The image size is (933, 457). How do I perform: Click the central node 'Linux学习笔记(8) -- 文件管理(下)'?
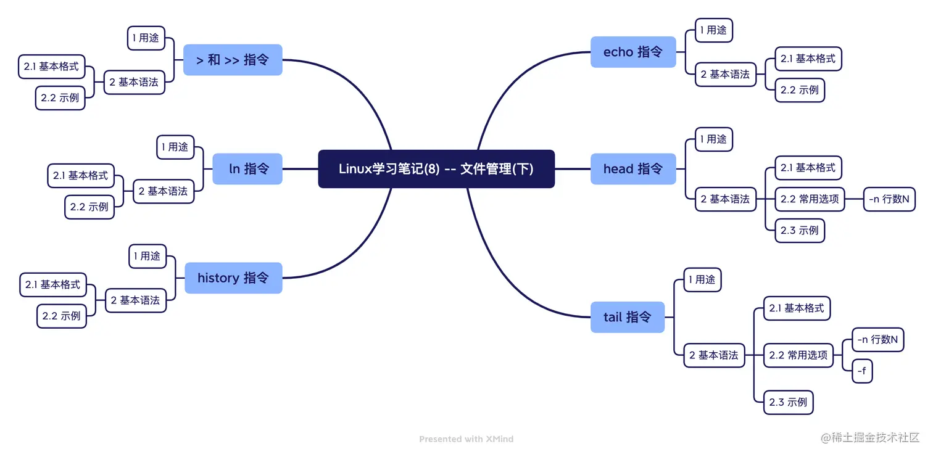[x=436, y=169]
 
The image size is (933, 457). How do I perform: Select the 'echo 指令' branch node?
[x=632, y=52]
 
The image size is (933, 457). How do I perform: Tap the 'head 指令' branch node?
[x=632, y=169]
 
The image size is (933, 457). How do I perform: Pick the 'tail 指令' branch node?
[x=627, y=317]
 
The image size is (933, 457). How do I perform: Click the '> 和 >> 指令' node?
[x=233, y=60]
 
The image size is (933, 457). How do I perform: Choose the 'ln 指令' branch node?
[x=247, y=169]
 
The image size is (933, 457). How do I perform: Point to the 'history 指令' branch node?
[x=233, y=278]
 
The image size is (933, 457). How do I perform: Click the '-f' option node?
[x=862, y=371]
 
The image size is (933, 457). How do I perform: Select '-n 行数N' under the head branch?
[x=889, y=199]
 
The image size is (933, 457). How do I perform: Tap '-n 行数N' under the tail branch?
[x=877, y=340]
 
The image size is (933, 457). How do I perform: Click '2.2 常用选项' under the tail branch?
[x=798, y=355]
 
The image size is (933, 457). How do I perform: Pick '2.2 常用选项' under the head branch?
[x=809, y=199]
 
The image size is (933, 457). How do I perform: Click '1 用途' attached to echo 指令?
[x=713, y=30]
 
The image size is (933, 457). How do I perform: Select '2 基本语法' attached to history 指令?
[x=135, y=300]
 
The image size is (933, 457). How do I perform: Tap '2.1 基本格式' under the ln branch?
[x=80, y=176]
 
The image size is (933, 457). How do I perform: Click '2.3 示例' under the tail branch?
[x=788, y=402]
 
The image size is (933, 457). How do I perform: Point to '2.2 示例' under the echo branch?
[x=799, y=90]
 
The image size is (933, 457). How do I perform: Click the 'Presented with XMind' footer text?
[x=466, y=439]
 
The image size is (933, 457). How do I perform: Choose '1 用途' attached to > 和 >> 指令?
[x=146, y=38]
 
